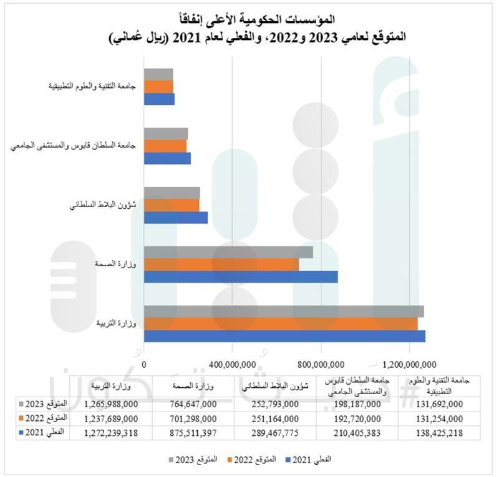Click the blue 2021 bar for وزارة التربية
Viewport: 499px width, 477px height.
[x=284, y=336]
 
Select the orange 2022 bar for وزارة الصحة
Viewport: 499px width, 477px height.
[x=221, y=264]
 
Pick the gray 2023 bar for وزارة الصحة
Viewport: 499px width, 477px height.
[x=228, y=252]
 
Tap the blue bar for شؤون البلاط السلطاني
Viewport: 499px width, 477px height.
[x=176, y=217]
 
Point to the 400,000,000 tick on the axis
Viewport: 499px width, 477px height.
[x=232, y=364]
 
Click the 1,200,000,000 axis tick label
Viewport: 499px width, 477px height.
[x=409, y=364]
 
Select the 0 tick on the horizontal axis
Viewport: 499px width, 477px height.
[x=144, y=364]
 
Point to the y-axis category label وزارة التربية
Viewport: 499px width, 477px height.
[x=119, y=324]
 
